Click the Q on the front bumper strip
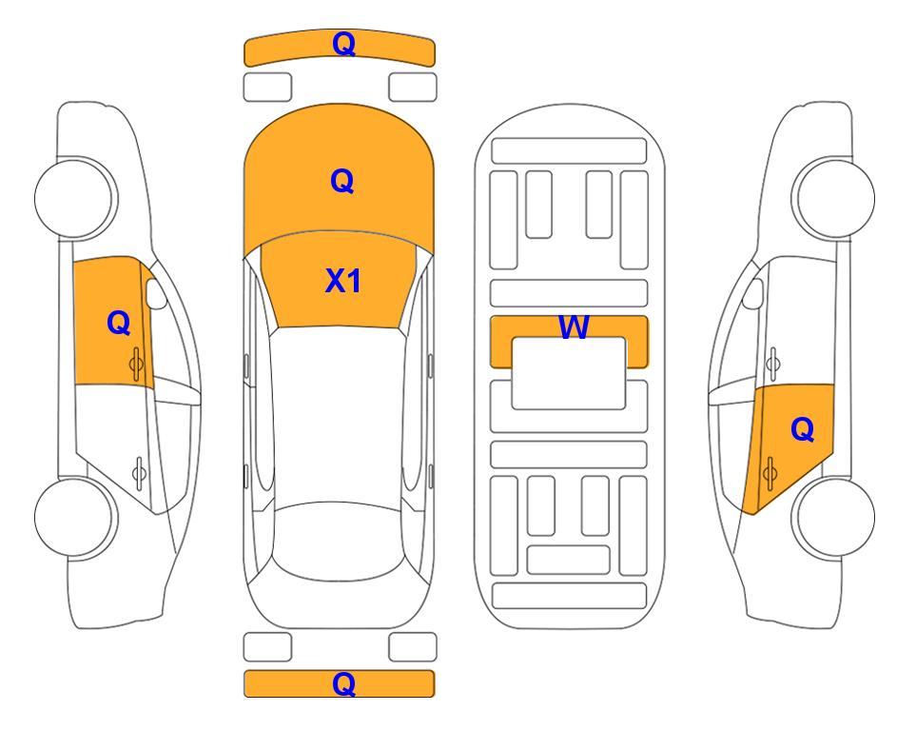click(x=343, y=44)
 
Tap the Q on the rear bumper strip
click(x=343, y=683)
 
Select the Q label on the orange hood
click(x=341, y=181)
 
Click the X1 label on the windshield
click(x=343, y=281)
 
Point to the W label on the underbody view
click(x=574, y=326)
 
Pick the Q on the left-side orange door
click(x=119, y=323)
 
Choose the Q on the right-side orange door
click(x=802, y=429)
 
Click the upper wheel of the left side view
click(x=74, y=198)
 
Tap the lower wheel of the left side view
click(x=74, y=517)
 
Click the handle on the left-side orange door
click(x=137, y=364)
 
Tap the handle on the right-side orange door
click(x=770, y=473)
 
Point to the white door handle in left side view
click(x=139, y=472)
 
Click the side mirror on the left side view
click(x=155, y=293)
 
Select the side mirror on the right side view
click(x=752, y=293)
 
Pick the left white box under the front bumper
click(x=267, y=88)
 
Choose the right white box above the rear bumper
click(x=413, y=647)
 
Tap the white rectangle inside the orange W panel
click(x=569, y=373)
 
